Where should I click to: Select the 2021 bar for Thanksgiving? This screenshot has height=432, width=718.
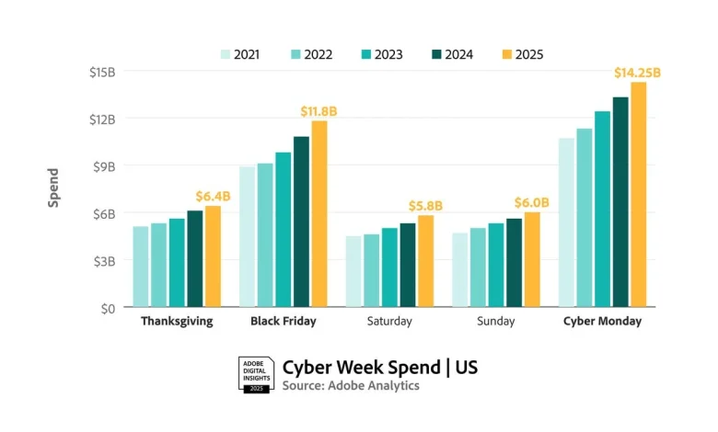[x=140, y=267]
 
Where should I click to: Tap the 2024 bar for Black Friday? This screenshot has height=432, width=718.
[x=301, y=222]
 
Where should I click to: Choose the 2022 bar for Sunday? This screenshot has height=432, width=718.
[x=478, y=267]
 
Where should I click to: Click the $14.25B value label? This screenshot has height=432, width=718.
[x=639, y=72]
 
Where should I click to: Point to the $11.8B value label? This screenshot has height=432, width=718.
[x=318, y=110]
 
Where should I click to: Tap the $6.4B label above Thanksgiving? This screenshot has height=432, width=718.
[x=213, y=196]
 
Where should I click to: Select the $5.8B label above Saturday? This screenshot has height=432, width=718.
[x=425, y=205]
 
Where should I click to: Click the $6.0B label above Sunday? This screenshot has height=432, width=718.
[x=532, y=202]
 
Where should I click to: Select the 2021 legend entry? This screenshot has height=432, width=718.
[x=239, y=54]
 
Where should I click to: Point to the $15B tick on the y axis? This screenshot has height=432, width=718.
[x=102, y=72]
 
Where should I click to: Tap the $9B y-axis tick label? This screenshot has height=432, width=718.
[x=104, y=166]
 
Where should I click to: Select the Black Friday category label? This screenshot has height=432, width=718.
[x=284, y=322]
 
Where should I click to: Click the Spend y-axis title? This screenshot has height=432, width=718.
[x=53, y=188]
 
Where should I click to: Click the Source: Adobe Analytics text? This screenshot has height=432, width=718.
[x=351, y=386]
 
